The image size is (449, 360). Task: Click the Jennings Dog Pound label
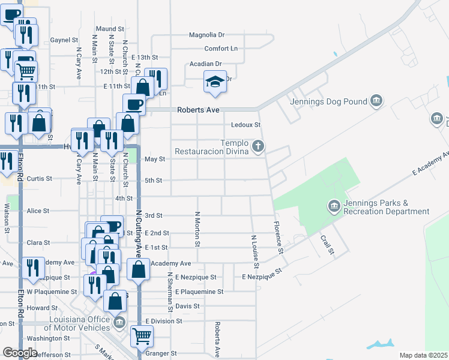[328, 101]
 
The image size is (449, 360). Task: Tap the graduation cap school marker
[215, 83]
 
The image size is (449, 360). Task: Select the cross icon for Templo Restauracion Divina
[258, 146]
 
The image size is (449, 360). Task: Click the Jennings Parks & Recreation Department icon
[334, 207]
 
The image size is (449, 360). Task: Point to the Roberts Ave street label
[198, 110]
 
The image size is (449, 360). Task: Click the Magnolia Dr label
[206, 35]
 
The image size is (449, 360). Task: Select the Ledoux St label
[247, 125]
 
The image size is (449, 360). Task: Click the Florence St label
[278, 234]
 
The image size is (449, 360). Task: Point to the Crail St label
[327, 245]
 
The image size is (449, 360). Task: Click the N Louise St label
[255, 251]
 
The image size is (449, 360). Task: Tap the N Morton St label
[197, 229]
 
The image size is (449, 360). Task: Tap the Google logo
[20, 353]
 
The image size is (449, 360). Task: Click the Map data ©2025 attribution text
[424, 355]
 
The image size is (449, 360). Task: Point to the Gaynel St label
[64, 40]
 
